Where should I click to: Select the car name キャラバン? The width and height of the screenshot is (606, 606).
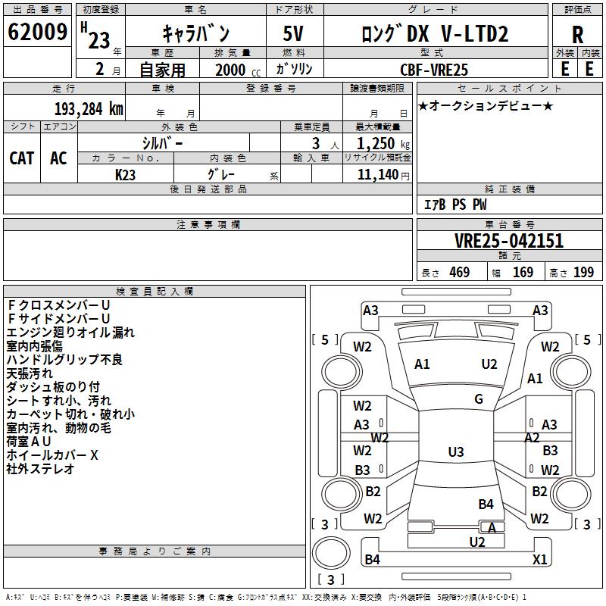196,33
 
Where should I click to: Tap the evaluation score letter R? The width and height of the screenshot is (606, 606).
577,34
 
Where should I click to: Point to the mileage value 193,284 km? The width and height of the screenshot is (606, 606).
89,108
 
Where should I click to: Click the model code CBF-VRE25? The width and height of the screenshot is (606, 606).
434,69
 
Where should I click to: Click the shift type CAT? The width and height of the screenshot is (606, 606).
22,158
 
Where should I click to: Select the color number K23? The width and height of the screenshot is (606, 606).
126,174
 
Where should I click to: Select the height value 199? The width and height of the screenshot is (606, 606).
583,273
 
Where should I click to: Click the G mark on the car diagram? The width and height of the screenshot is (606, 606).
479,399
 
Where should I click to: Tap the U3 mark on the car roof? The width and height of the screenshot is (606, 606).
455,452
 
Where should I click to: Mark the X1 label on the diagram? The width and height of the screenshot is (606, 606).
539,560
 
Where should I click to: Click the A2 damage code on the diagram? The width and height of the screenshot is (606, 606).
532,438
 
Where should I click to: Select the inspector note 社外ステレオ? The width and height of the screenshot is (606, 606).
41,469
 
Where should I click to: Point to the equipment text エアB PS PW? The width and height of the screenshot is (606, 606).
454,205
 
